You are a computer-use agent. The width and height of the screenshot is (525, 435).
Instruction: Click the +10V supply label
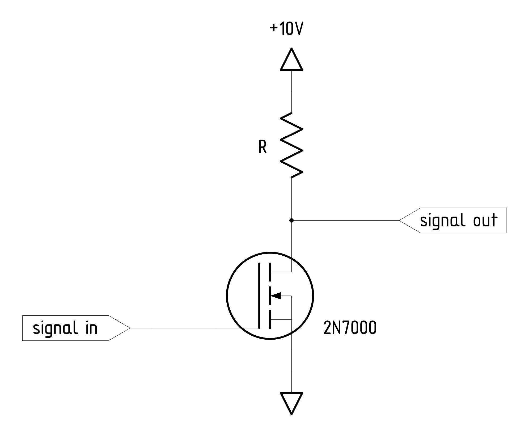click(x=286, y=29)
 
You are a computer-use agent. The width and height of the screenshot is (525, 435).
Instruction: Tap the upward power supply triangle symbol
click(x=291, y=61)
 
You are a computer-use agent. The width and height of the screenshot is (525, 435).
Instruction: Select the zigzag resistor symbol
click(x=291, y=145)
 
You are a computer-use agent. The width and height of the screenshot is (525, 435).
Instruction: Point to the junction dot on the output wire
click(x=291, y=220)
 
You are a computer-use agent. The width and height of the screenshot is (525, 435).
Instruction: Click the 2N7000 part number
click(x=350, y=328)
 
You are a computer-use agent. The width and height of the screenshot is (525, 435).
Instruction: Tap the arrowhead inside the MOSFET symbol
click(x=276, y=295)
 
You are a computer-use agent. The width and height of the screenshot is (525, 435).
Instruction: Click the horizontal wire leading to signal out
click(x=345, y=220)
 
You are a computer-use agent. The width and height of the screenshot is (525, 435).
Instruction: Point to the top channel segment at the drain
click(x=270, y=272)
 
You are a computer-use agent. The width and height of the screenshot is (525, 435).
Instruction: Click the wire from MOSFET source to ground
click(x=291, y=367)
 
